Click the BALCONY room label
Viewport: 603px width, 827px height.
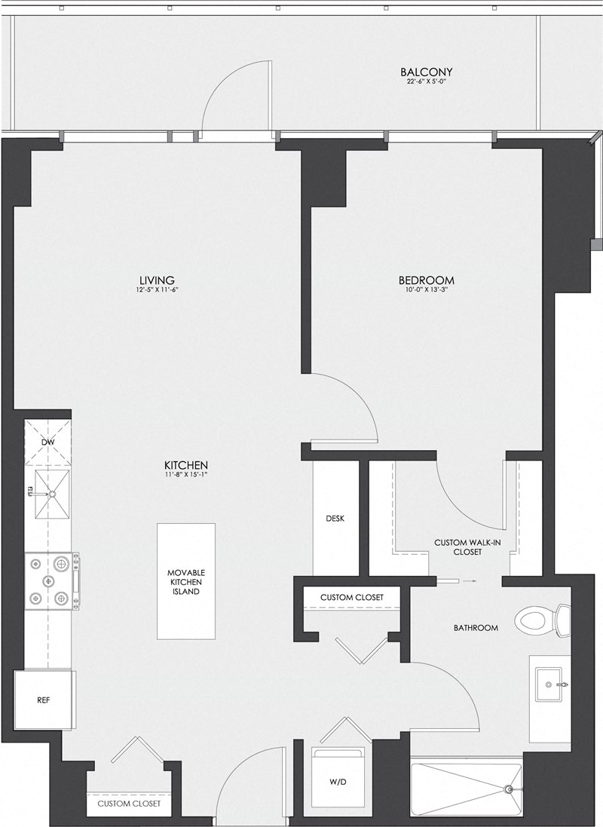(x=426, y=72)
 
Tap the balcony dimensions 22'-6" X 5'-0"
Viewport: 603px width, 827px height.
(x=426, y=82)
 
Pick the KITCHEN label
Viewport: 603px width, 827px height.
(x=186, y=465)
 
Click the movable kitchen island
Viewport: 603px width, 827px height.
(x=185, y=581)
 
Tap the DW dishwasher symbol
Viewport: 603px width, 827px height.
(x=47, y=443)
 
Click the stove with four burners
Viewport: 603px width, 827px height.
(x=50, y=581)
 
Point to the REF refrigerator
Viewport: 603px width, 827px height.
(x=44, y=700)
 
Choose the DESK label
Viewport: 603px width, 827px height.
(x=335, y=519)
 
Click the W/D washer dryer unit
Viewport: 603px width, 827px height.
(x=338, y=782)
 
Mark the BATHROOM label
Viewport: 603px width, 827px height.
(x=475, y=627)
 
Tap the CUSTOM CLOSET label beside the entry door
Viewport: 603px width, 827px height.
(x=128, y=804)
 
